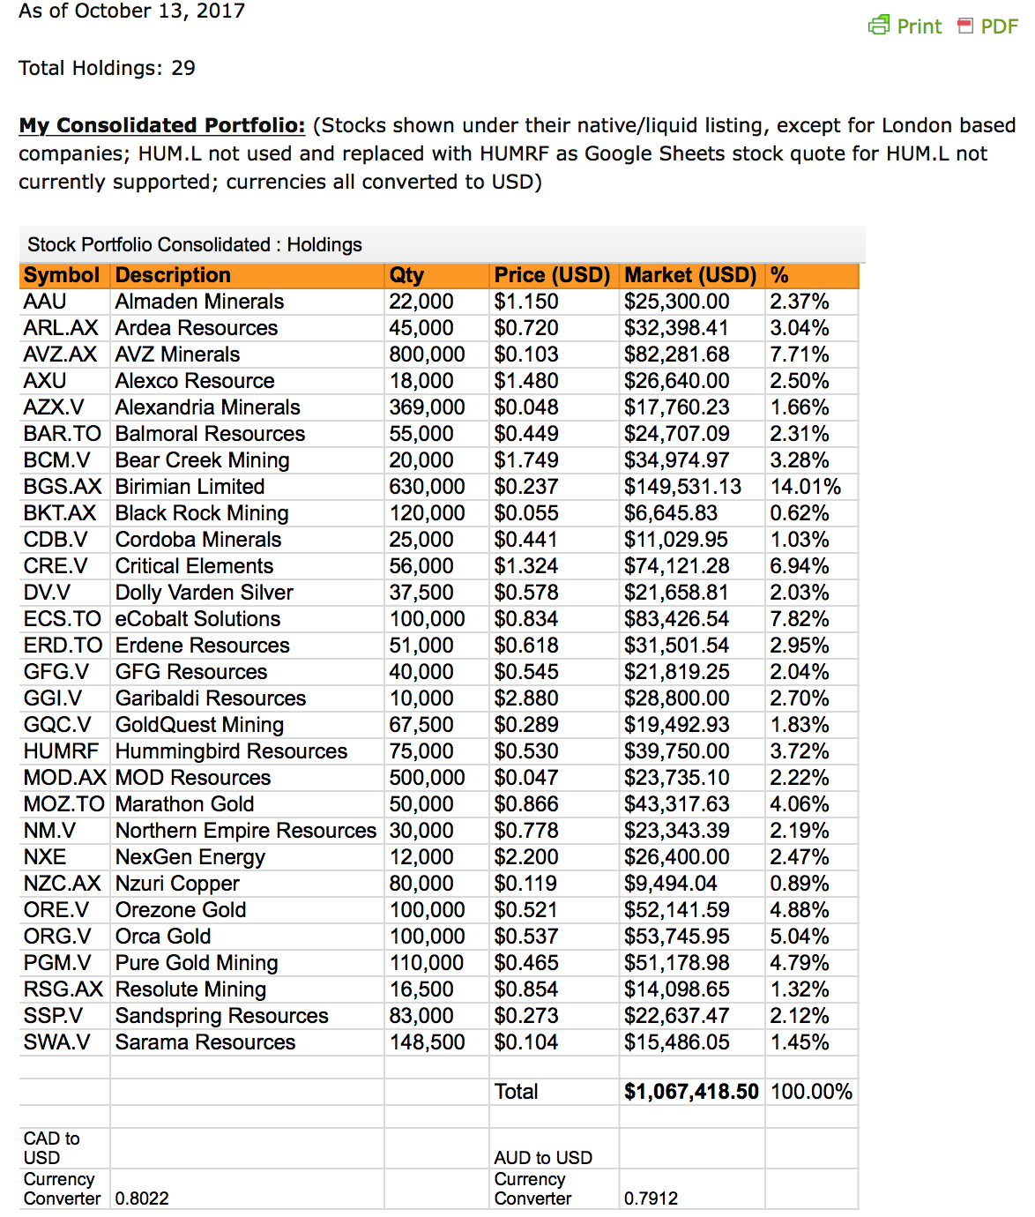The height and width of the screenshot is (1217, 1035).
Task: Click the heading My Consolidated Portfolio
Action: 162,125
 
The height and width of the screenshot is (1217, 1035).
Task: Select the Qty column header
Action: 406,275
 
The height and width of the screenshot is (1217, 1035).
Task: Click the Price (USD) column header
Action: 552,275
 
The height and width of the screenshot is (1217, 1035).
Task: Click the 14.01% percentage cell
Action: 805,487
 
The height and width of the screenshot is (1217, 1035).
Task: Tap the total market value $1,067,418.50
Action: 691,1092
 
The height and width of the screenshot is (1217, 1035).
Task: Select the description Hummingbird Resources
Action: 231,751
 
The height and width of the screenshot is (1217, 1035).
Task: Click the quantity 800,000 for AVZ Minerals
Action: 427,355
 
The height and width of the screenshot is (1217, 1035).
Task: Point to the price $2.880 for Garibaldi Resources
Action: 526,698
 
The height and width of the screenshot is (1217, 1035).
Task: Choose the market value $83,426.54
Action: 677,619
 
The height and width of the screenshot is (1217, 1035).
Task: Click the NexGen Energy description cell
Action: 190,857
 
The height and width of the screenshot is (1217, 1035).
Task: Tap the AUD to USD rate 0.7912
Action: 651,1198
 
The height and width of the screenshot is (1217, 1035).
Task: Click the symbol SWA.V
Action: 56,1042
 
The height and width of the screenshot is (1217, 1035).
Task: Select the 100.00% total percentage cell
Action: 811,1092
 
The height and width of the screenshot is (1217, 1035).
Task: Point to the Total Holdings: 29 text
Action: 107,68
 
